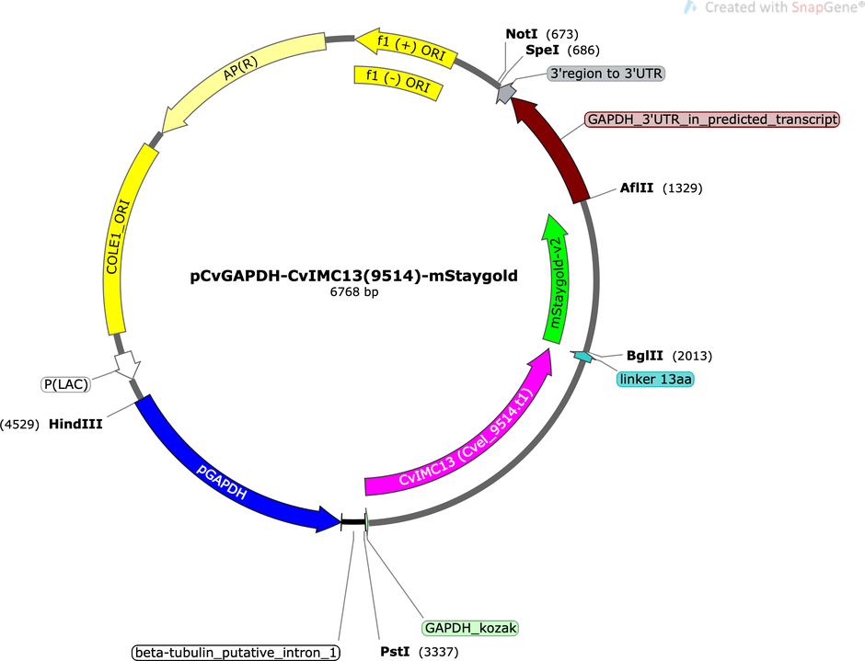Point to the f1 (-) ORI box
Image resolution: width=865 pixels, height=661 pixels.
[x=398, y=82]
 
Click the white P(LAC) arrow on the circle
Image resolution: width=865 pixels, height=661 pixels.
[x=127, y=364]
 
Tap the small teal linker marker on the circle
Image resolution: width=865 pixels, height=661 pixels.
[x=582, y=357]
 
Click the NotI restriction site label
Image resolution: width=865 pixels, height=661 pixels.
[x=522, y=34]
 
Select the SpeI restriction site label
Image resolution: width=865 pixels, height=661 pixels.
[x=542, y=51]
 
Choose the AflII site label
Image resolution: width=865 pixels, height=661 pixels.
[x=637, y=188]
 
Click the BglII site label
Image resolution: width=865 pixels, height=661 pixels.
[x=645, y=356]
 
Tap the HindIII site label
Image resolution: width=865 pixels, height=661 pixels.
[x=75, y=424]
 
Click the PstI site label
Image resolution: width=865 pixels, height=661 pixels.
[x=395, y=652]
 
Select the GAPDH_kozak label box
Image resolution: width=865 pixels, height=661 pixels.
[x=470, y=628]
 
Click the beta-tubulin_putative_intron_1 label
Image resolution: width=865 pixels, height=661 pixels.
[x=236, y=653]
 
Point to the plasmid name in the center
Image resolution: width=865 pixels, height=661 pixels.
[x=353, y=276]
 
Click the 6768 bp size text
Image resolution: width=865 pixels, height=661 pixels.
[x=354, y=291]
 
